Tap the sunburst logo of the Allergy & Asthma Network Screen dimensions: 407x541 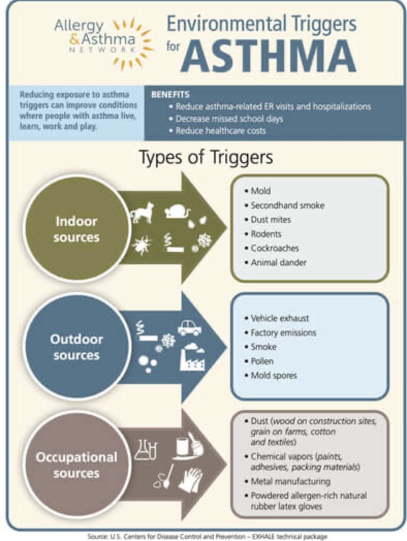pos(133,43)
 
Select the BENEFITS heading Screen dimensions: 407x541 pos(170,94)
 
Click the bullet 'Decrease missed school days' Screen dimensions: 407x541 pos(229,119)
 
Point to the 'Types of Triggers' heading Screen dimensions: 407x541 pos(206,157)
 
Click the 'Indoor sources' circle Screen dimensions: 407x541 pos(76,228)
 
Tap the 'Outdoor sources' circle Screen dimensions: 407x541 pos(76,346)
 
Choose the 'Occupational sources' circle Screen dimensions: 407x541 pos(76,465)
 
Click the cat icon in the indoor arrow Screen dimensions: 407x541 pos(142,213)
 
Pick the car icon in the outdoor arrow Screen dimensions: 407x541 pos(190,327)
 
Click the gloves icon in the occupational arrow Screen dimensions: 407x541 pos(191,480)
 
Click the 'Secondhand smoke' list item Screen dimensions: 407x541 pos(288,205)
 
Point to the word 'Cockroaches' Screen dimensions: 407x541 pos(275,248)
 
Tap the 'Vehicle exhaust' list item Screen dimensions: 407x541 pos(280,318)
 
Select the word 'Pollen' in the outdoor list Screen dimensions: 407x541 pos(262,361)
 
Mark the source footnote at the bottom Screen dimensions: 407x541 pos(207,536)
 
